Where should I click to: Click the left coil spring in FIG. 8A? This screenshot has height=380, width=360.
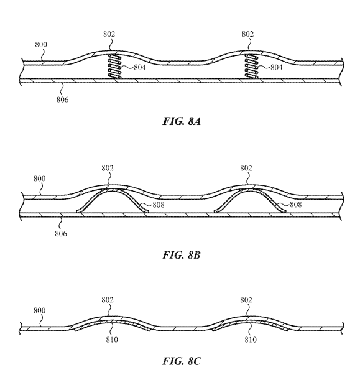(114, 66)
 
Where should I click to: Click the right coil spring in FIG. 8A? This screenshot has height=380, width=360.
(251, 66)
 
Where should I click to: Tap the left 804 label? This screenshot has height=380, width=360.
(140, 67)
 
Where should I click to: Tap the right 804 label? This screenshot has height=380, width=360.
(277, 67)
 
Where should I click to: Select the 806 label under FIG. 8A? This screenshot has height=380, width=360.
(63, 100)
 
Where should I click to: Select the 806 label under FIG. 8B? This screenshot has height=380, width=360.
(61, 234)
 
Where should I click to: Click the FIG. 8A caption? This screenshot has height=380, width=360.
(182, 121)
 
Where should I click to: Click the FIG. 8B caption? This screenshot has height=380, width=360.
(182, 255)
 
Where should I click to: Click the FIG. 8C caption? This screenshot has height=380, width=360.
(182, 361)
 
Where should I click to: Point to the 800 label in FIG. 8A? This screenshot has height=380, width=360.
(41, 45)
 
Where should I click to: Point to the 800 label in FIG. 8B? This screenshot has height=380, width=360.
(40, 178)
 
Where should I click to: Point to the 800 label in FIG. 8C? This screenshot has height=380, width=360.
(40, 310)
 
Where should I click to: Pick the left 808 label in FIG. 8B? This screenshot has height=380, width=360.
(159, 205)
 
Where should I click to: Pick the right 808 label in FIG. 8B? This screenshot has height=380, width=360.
(296, 205)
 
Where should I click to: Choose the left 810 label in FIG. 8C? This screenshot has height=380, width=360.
(112, 340)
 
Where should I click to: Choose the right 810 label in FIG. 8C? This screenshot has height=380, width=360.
(251, 340)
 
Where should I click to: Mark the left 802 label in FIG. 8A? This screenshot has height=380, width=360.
(109, 34)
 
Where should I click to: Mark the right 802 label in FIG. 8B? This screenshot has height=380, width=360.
(246, 168)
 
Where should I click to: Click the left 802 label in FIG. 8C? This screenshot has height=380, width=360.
(108, 300)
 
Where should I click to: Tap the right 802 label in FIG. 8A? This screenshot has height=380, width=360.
(247, 34)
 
